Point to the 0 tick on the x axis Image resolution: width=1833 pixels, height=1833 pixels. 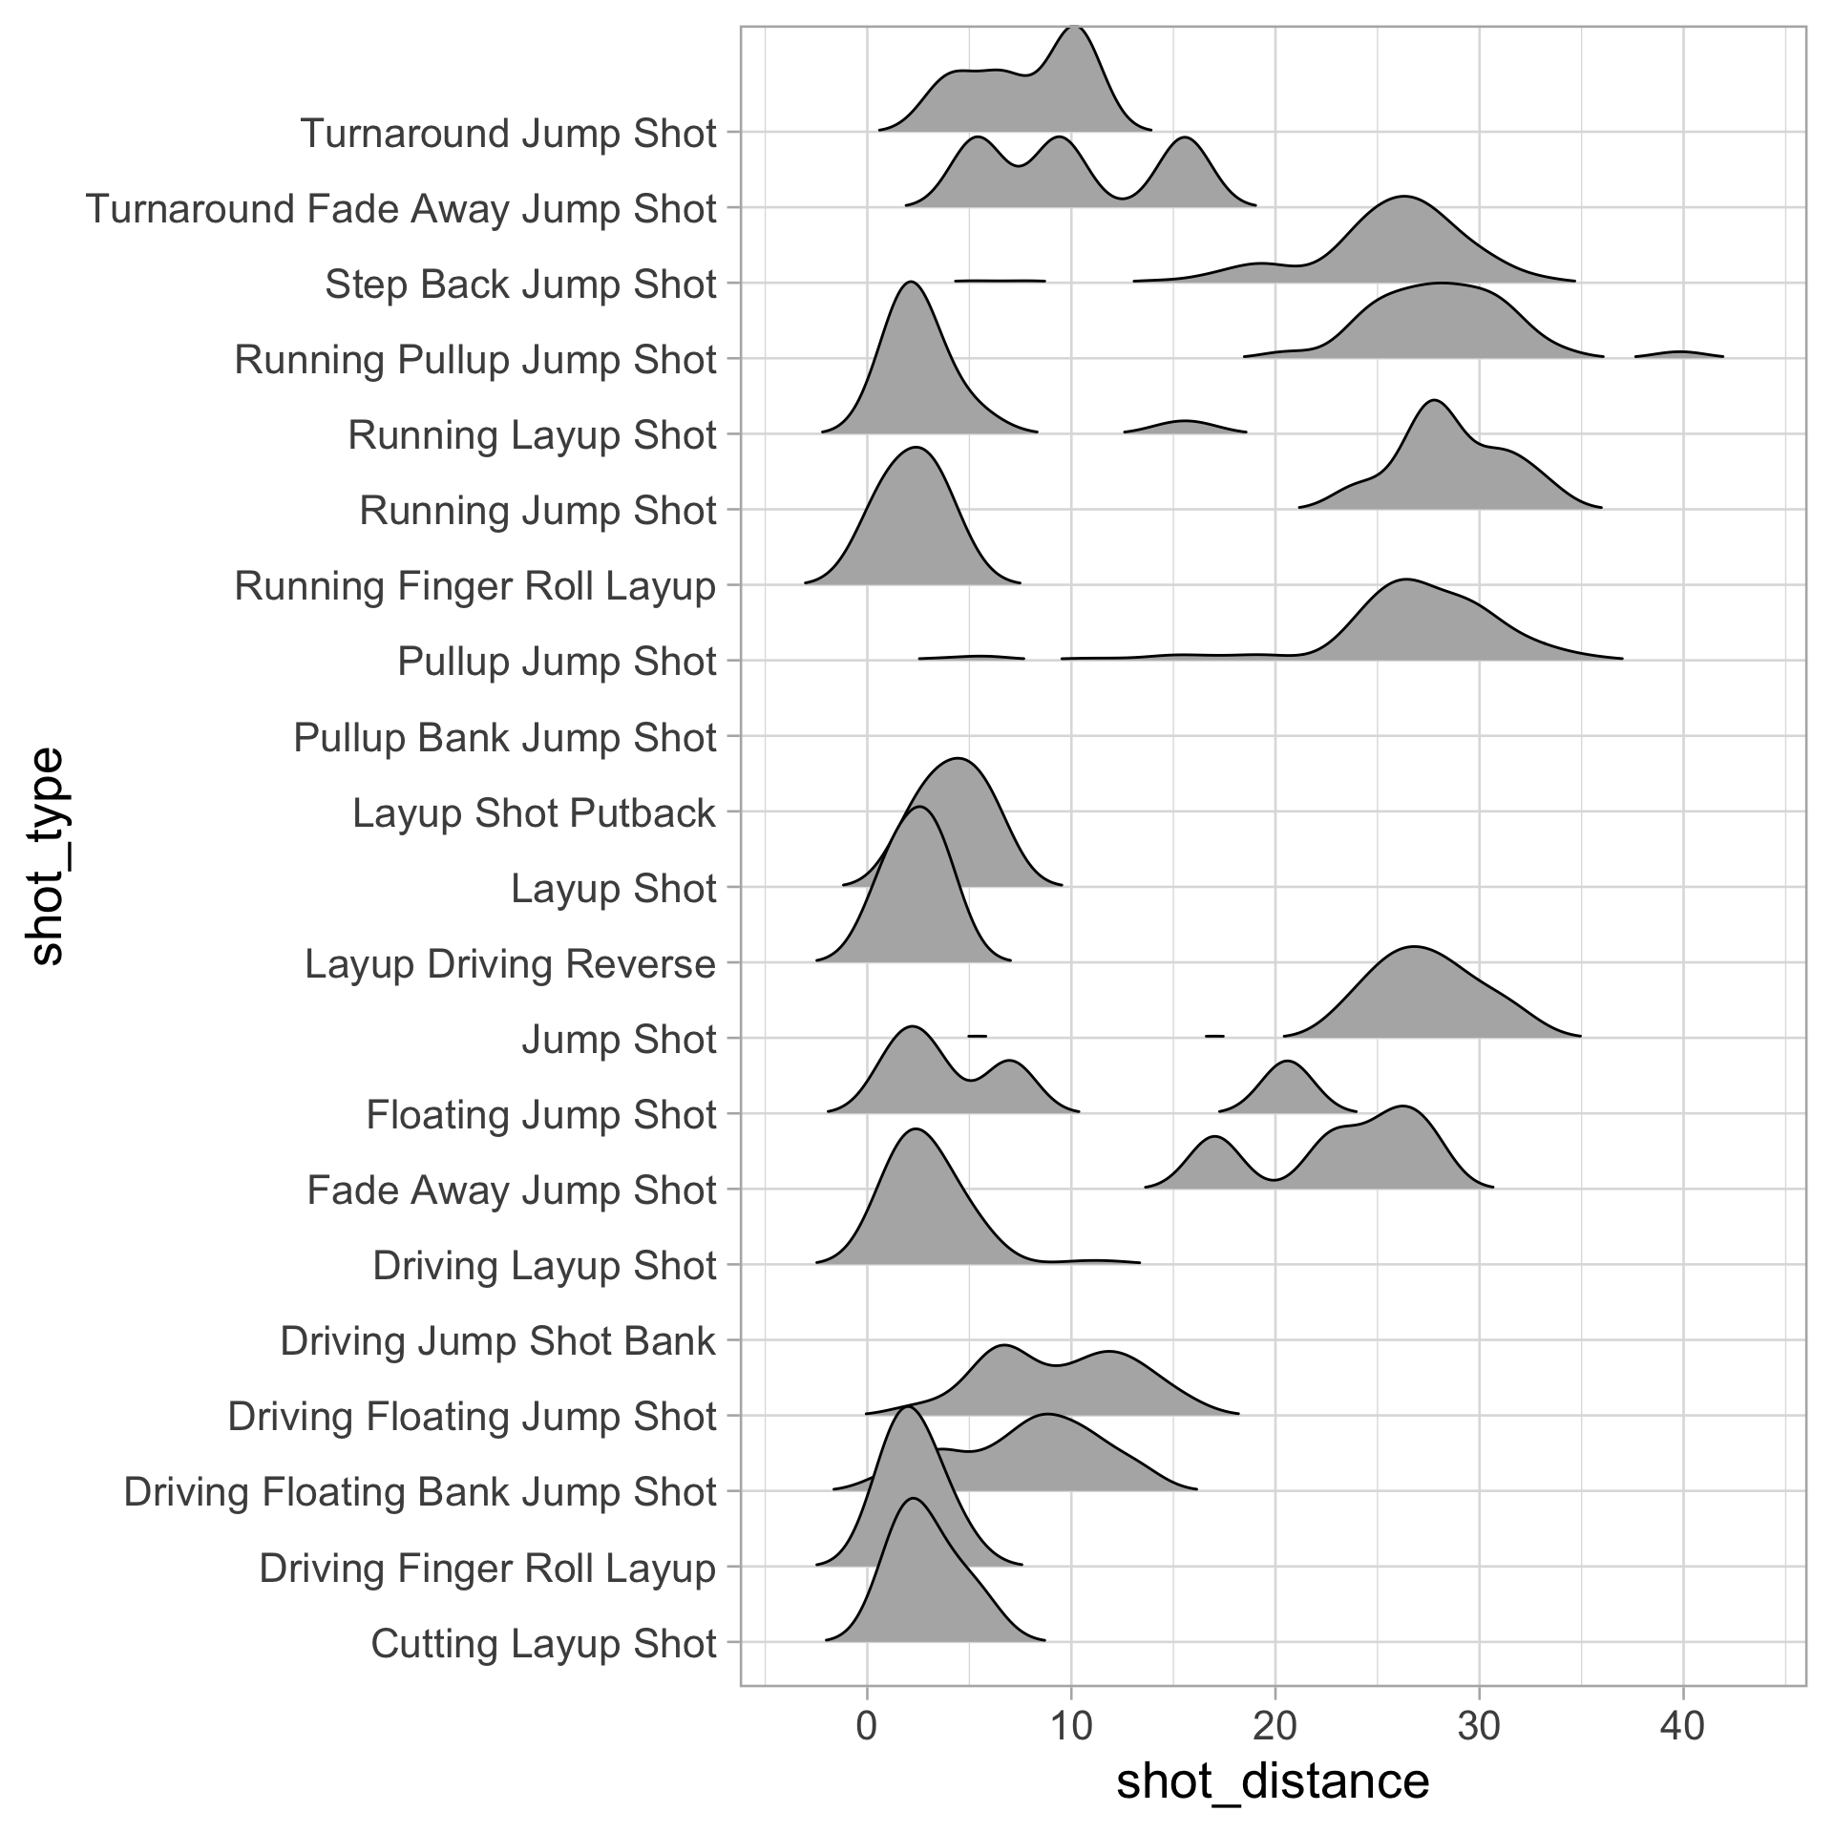[x=867, y=1725]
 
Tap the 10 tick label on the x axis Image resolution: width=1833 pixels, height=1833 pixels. [x=1071, y=1725]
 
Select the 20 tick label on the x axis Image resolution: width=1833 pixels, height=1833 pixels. [x=1275, y=1725]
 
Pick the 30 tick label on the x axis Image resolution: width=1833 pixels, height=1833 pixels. [x=1479, y=1725]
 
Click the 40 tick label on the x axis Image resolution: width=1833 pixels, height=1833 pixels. [x=1683, y=1725]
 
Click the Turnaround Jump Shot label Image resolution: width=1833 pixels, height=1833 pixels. [x=508, y=133]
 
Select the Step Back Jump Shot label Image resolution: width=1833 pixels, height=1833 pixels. [x=520, y=284]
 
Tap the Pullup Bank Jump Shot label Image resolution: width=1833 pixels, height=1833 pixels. [x=504, y=737]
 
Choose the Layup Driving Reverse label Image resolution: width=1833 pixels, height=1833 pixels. [x=510, y=963]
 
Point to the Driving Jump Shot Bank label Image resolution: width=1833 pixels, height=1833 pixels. [x=497, y=1340]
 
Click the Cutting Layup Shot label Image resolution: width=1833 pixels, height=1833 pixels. [x=543, y=1643]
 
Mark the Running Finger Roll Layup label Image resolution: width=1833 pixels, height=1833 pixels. [x=474, y=585]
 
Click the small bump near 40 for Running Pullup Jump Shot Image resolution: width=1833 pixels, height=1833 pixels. [x=1681, y=354]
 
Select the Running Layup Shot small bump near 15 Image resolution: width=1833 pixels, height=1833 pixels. [x=1185, y=427]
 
